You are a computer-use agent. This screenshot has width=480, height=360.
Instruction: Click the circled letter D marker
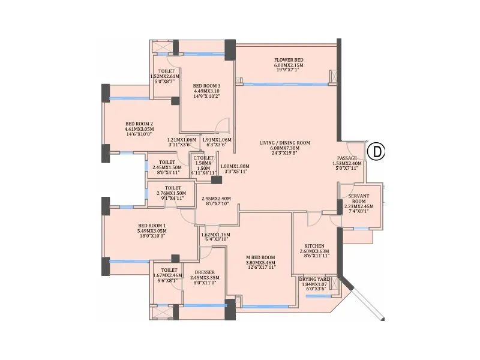pyautogui.click(x=376, y=152)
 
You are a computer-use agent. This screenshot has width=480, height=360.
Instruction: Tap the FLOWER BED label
pyautogui.click(x=289, y=61)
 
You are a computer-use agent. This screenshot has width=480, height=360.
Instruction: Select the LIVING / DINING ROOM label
pyautogui.click(x=284, y=143)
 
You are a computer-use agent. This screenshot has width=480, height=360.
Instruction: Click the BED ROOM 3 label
pyautogui.click(x=206, y=86)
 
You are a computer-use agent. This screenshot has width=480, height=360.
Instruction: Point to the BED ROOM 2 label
pyautogui.click(x=139, y=124)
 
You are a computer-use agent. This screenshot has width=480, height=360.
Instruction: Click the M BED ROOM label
pyautogui.click(x=260, y=257)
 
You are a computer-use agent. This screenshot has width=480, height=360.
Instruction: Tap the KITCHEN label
pyautogui.click(x=314, y=246)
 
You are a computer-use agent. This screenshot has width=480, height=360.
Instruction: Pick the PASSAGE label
pyautogui.click(x=347, y=158)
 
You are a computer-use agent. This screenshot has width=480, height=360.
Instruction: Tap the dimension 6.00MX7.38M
pyautogui.click(x=284, y=149)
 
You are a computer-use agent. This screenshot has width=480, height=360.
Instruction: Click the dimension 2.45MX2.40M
pyautogui.click(x=216, y=199)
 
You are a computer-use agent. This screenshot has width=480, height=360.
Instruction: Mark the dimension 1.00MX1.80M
pyautogui.click(x=235, y=166)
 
